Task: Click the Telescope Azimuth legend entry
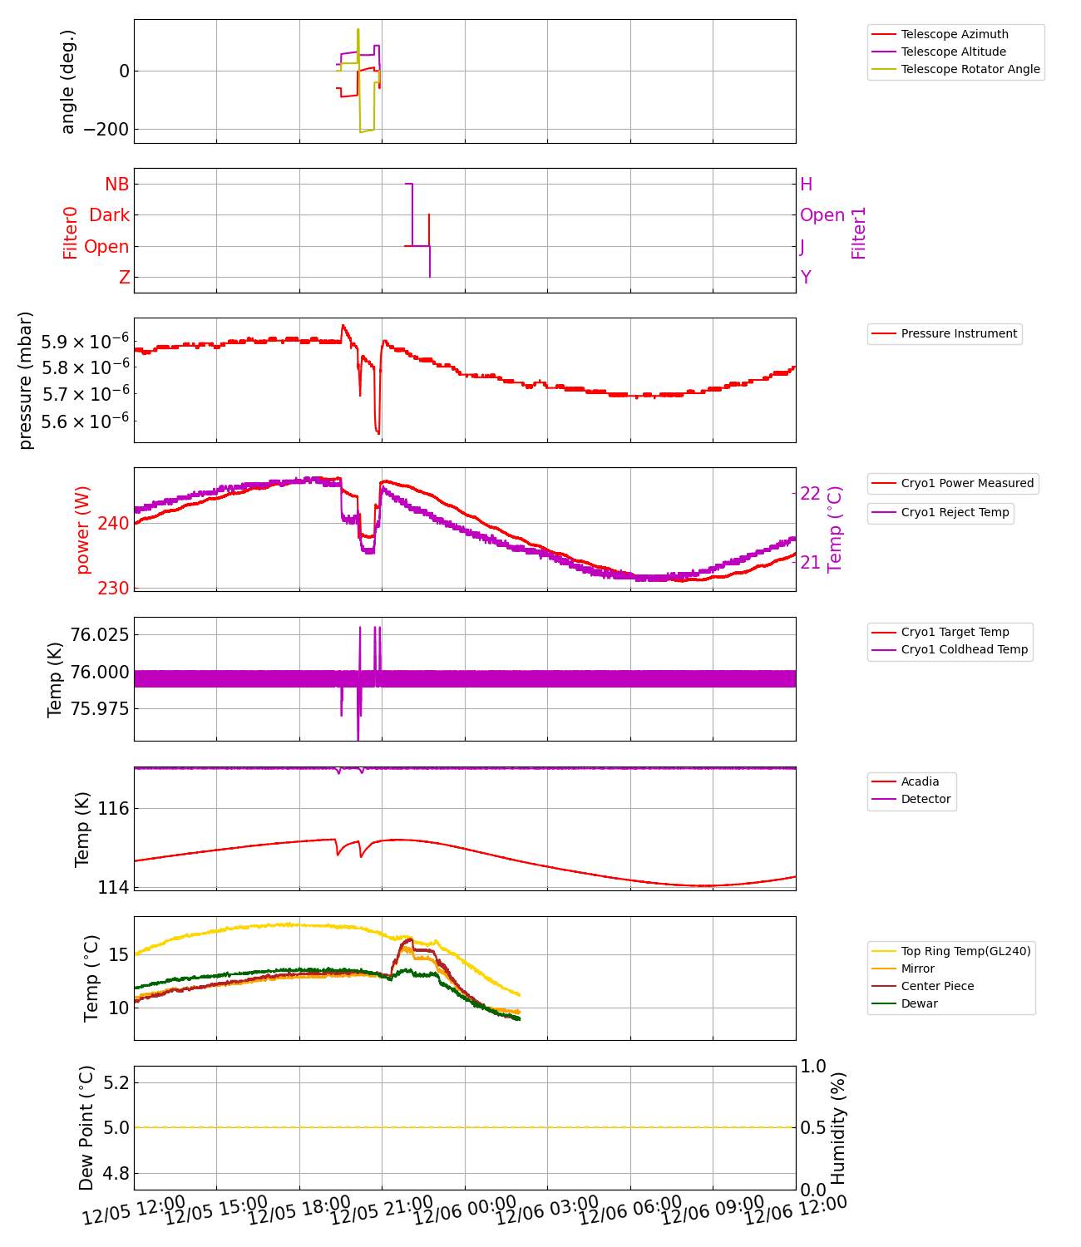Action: [x=954, y=34]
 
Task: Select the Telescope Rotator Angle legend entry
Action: [x=970, y=69]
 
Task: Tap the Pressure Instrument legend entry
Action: [x=958, y=333]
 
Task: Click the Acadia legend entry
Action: [x=920, y=781]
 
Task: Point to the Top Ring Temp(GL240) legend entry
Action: [x=965, y=951]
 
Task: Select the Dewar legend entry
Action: [x=919, y=1003]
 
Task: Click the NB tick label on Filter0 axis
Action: [x=117, y=184]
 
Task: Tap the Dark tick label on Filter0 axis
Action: [x=110, y=215]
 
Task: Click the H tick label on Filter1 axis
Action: [x=806, y=185]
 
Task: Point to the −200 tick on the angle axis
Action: [x=106, y=130]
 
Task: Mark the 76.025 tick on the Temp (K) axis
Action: [x=100, y=635]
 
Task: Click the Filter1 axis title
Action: [x=859, y=233]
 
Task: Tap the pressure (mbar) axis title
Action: [x=26, y=380]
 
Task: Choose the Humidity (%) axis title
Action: [x=838, y=1127]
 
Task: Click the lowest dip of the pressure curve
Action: [x=378, y=433]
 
